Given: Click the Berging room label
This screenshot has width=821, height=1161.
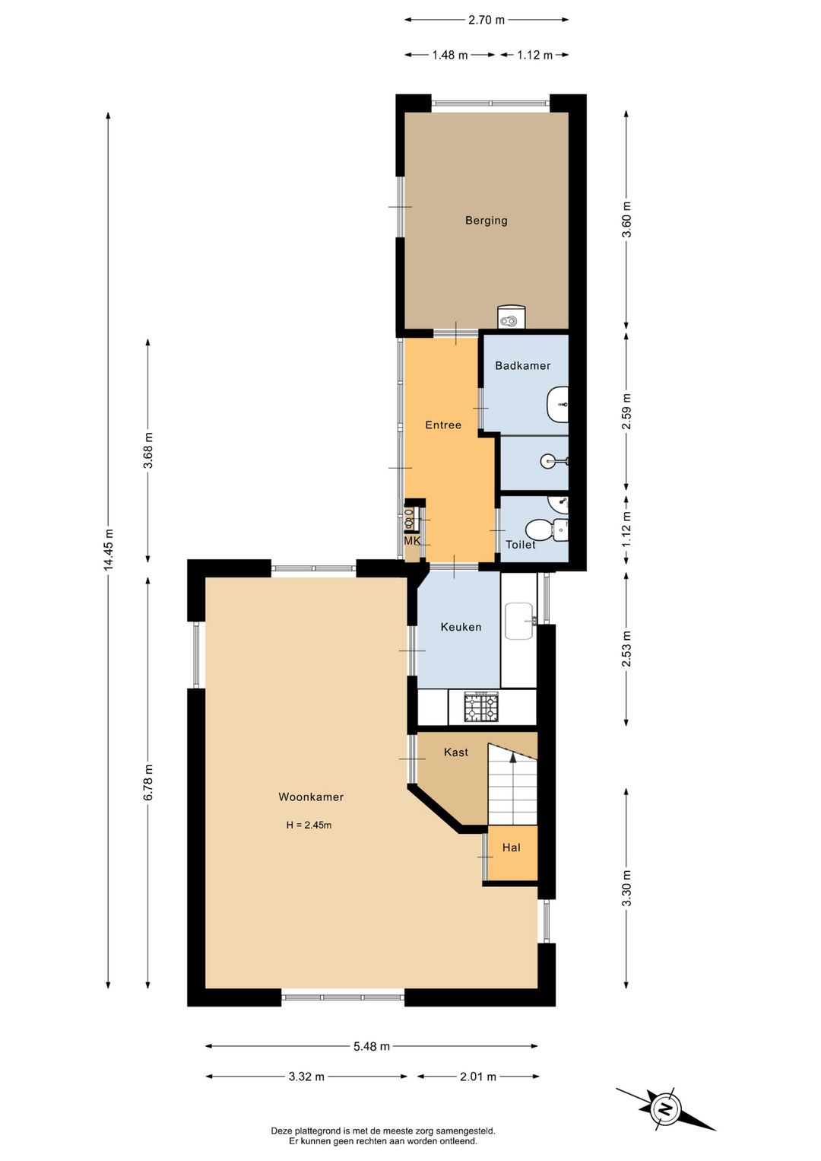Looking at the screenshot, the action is click(x=486, y=221).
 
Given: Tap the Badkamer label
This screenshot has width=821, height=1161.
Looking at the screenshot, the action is click(x=522, y=365).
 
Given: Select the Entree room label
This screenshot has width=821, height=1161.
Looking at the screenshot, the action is click(x=443, y=425).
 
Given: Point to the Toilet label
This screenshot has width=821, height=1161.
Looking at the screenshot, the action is click(x=521, y=544).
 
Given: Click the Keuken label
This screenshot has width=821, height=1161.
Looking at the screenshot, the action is click(x=461, y=627).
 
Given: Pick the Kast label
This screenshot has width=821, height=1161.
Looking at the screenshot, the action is click(x=456, y=752).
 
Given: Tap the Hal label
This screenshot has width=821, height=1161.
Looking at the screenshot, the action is click(x=512, y=848).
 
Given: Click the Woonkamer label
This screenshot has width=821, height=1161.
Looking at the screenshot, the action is click(x=311, y=797).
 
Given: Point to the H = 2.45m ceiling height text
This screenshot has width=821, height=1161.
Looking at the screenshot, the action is click(x=309, y=825).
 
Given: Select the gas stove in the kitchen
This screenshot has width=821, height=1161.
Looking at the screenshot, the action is click(x=481, y=707).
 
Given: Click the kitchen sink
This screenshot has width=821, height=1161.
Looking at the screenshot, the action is click(x=519, y=620).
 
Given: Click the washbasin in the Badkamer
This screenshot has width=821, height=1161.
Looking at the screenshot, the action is click(x=557, y=404).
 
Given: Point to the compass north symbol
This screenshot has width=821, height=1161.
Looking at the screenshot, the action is click(x=665, y=1109).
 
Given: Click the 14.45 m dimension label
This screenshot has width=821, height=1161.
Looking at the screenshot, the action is click(x=108, y=549).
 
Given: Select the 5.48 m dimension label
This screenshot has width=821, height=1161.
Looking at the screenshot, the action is click(x=372, y=1046).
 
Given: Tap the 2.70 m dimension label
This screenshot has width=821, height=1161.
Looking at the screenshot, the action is click(x=486, y=20).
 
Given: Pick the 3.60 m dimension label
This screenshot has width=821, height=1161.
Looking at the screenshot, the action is click(x=626, y=218).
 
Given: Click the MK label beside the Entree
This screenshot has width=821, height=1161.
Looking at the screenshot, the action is click(x=412, y=542).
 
